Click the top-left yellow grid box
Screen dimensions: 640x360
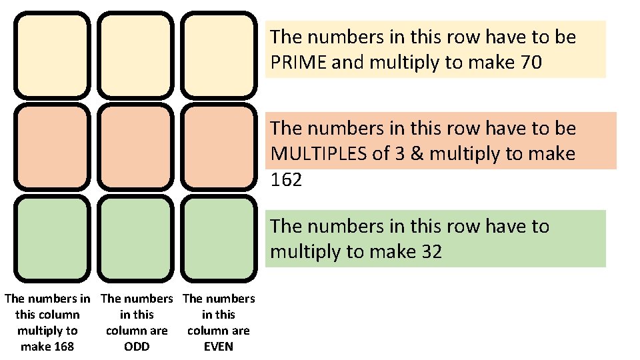(x=53, y=55)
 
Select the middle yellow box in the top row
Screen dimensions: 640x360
(x=135, y=55)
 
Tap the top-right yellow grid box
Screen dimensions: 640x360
(x=218, y=55)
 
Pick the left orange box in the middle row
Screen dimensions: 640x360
(x=53, y=147)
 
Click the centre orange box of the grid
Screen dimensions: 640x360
(x=135, y=147)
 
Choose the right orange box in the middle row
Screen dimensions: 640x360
(x=218, y=147)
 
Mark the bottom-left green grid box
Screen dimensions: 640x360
(x=53, y=238)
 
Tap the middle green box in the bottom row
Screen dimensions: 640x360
(x=135, y=238)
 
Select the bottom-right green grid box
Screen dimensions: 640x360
(x=218, y=238)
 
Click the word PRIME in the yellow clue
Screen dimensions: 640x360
(x=298, y=63)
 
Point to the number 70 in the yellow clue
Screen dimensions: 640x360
(x=529, y=63)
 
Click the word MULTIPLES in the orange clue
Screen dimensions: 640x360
(x=317, y=154)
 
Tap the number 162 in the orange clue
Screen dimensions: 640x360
(x=287, y=179)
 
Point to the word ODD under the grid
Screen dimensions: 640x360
(x=137, y=347)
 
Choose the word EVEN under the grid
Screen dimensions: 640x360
(x=218, y=347)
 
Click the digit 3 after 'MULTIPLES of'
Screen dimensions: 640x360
(x=403, y=154)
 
